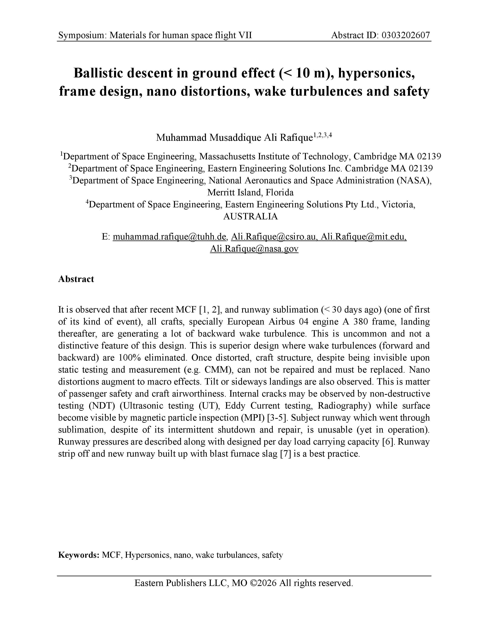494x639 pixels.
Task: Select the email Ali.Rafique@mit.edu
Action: (x=363, y=237)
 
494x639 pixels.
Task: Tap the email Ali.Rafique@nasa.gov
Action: (x=254, y=249)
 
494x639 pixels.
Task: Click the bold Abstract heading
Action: (x=76, y=279)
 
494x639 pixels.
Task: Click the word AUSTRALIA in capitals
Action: (x=250, y=216)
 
